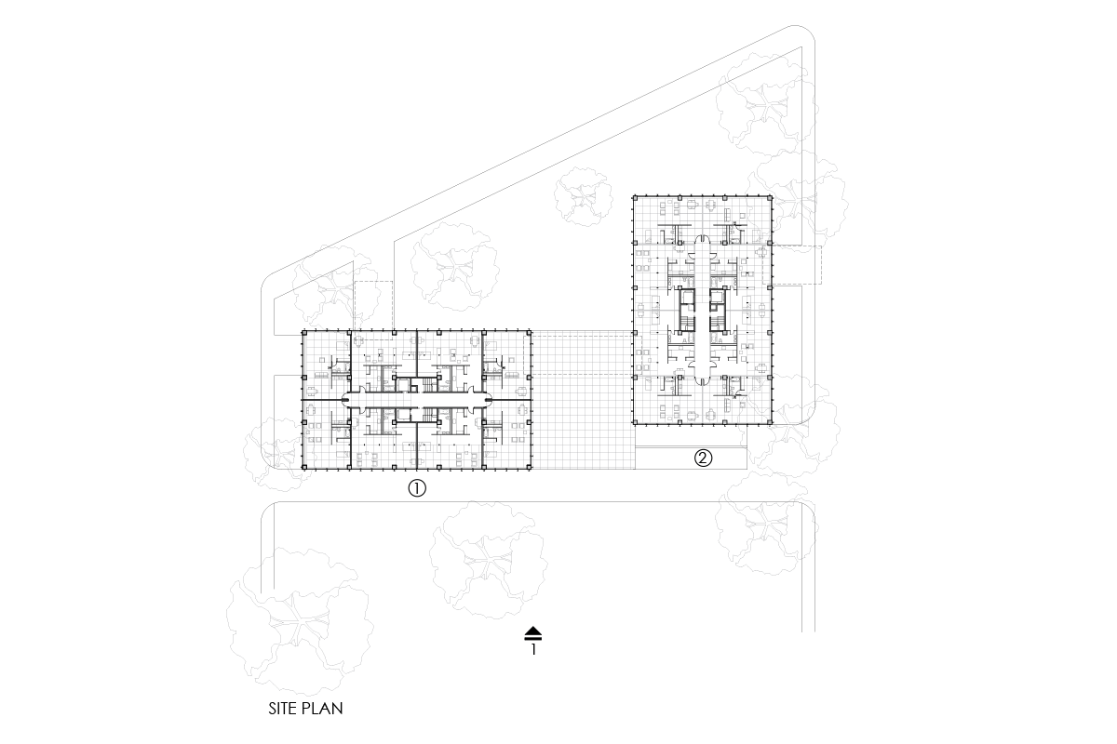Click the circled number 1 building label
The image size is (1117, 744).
click(417, 487)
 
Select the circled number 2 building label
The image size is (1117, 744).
click(704, 458)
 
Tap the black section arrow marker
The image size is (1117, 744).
click(532, 632)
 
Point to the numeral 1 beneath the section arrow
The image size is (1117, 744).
click(533, 650)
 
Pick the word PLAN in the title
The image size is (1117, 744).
click(323, 709)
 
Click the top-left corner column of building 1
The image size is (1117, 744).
click(303, 331)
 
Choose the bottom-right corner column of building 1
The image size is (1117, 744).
click(531, 468)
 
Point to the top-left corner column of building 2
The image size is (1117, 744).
click(634, 197)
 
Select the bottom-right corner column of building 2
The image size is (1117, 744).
click(772, 424)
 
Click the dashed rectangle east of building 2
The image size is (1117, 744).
click(797, 264)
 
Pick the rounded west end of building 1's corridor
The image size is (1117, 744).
click(346, 400)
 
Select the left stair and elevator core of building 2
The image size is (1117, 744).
click(686, 310)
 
